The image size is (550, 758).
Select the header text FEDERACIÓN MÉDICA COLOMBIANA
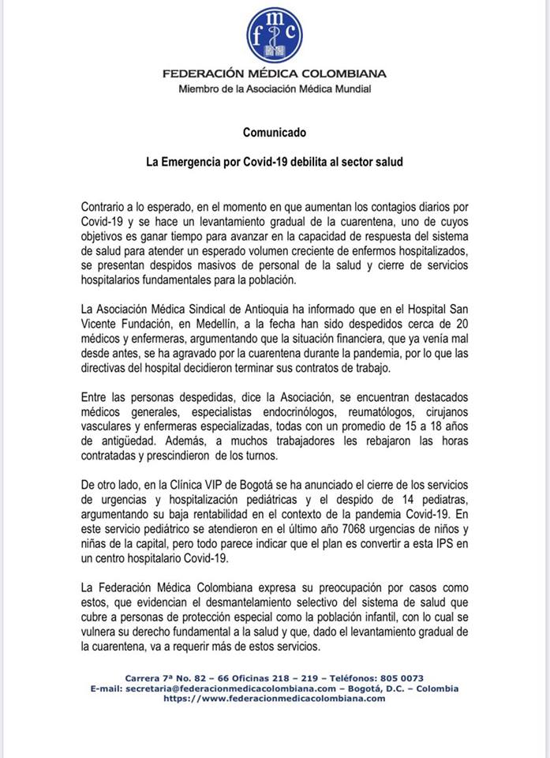[275, 74]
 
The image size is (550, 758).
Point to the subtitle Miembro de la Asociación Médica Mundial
[275, 89]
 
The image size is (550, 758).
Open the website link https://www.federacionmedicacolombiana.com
[275, 698]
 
